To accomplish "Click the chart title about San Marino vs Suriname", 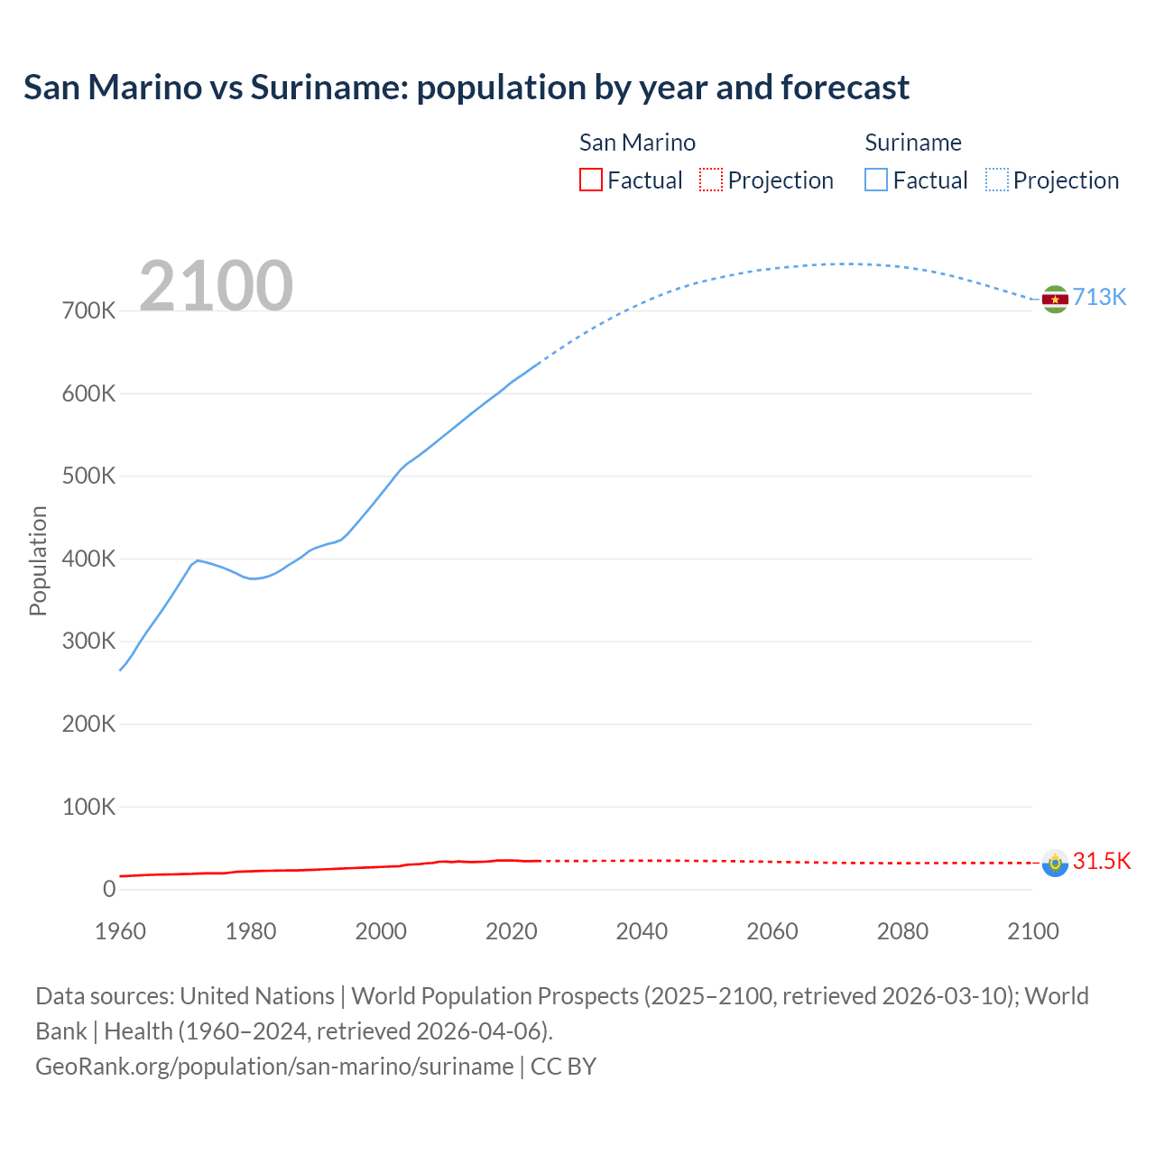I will pyautogui.click(x=466, y=88).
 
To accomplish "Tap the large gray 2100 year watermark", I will pyautogui.click(x=216, y=286).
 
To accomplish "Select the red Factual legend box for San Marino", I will pyautogui.click(x=590, y=180).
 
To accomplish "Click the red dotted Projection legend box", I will pyautogui.click(x=711, y=180).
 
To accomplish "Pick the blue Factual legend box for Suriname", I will pyautogui.click(x=876, y=180).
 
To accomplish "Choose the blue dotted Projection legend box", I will pyautogui.click(x=997, y=180).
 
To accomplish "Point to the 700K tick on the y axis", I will pyautogui.click(x=88, y=311).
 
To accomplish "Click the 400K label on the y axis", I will pyautogui.click(x=88, y=559).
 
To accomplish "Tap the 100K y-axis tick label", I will pyautogui.click(x=88, y=807).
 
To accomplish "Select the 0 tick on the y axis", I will pyautogui.click(x=109, y=889).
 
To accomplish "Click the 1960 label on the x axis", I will pyautogui.click(x=120, y=931).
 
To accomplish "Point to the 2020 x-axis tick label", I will pyautogui.click(x=511, y=931).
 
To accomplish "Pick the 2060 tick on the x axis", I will pyautogui.click(x=772, y=931).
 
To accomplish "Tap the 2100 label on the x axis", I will pyautogui.click(x=1032, y=931).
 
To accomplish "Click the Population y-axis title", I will pyautogui.click(x=38, y=560).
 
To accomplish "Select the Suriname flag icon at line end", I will pyautogui.click(x=1055, y=299).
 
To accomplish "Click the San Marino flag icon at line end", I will pyautogui.click(x=1055, y=863).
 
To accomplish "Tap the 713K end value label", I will pyautogui.click(x=1099, y=298).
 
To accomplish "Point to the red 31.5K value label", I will pyautogui.click(x=1101, y=861).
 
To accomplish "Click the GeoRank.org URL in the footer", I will pyautogui.click(x=274, y=1066).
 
